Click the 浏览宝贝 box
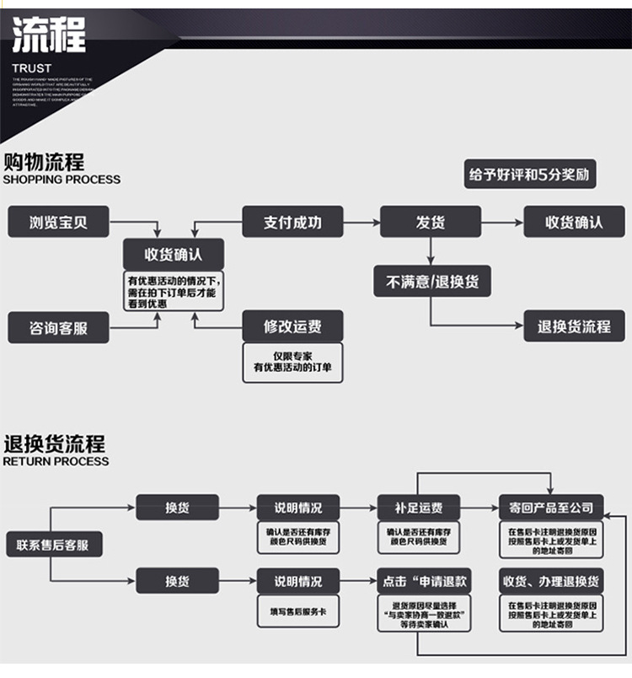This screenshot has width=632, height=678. point(58,223)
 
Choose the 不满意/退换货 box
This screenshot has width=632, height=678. point(432,282)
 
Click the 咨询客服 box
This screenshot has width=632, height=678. point(58,327)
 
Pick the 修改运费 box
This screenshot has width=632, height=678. point(292,326)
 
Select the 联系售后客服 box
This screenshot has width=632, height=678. point(52,545)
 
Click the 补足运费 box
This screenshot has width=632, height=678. point(418,508)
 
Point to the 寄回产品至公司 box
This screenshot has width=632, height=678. point(551,508)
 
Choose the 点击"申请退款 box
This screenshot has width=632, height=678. point(424,581)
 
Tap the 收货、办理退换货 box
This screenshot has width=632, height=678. point(551,581)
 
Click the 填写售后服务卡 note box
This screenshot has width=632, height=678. point(298,611)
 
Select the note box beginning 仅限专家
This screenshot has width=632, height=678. point(292,363)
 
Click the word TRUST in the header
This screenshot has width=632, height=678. point(31,67)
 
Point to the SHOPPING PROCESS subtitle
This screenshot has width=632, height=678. point(62,180)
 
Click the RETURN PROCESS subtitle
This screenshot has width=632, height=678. point(56,461)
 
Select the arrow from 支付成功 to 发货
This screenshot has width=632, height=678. point(362,223)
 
